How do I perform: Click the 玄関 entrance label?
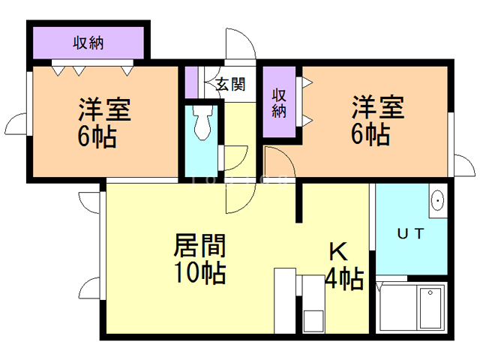(230, 84)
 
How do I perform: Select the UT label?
(410, 234)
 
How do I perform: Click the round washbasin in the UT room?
(438, 200)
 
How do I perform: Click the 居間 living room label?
(199, 245)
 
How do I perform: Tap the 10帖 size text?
(199, 273)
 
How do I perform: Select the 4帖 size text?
(344, 280)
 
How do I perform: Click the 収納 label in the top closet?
(88, 43)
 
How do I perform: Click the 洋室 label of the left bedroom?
(104, 109)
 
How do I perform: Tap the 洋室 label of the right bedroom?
(378, 107)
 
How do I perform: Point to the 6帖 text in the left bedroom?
(97, 138)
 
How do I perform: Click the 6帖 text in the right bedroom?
(370, 136)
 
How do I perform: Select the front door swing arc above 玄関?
(239, 43)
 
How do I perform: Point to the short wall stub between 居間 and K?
(299, 202)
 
